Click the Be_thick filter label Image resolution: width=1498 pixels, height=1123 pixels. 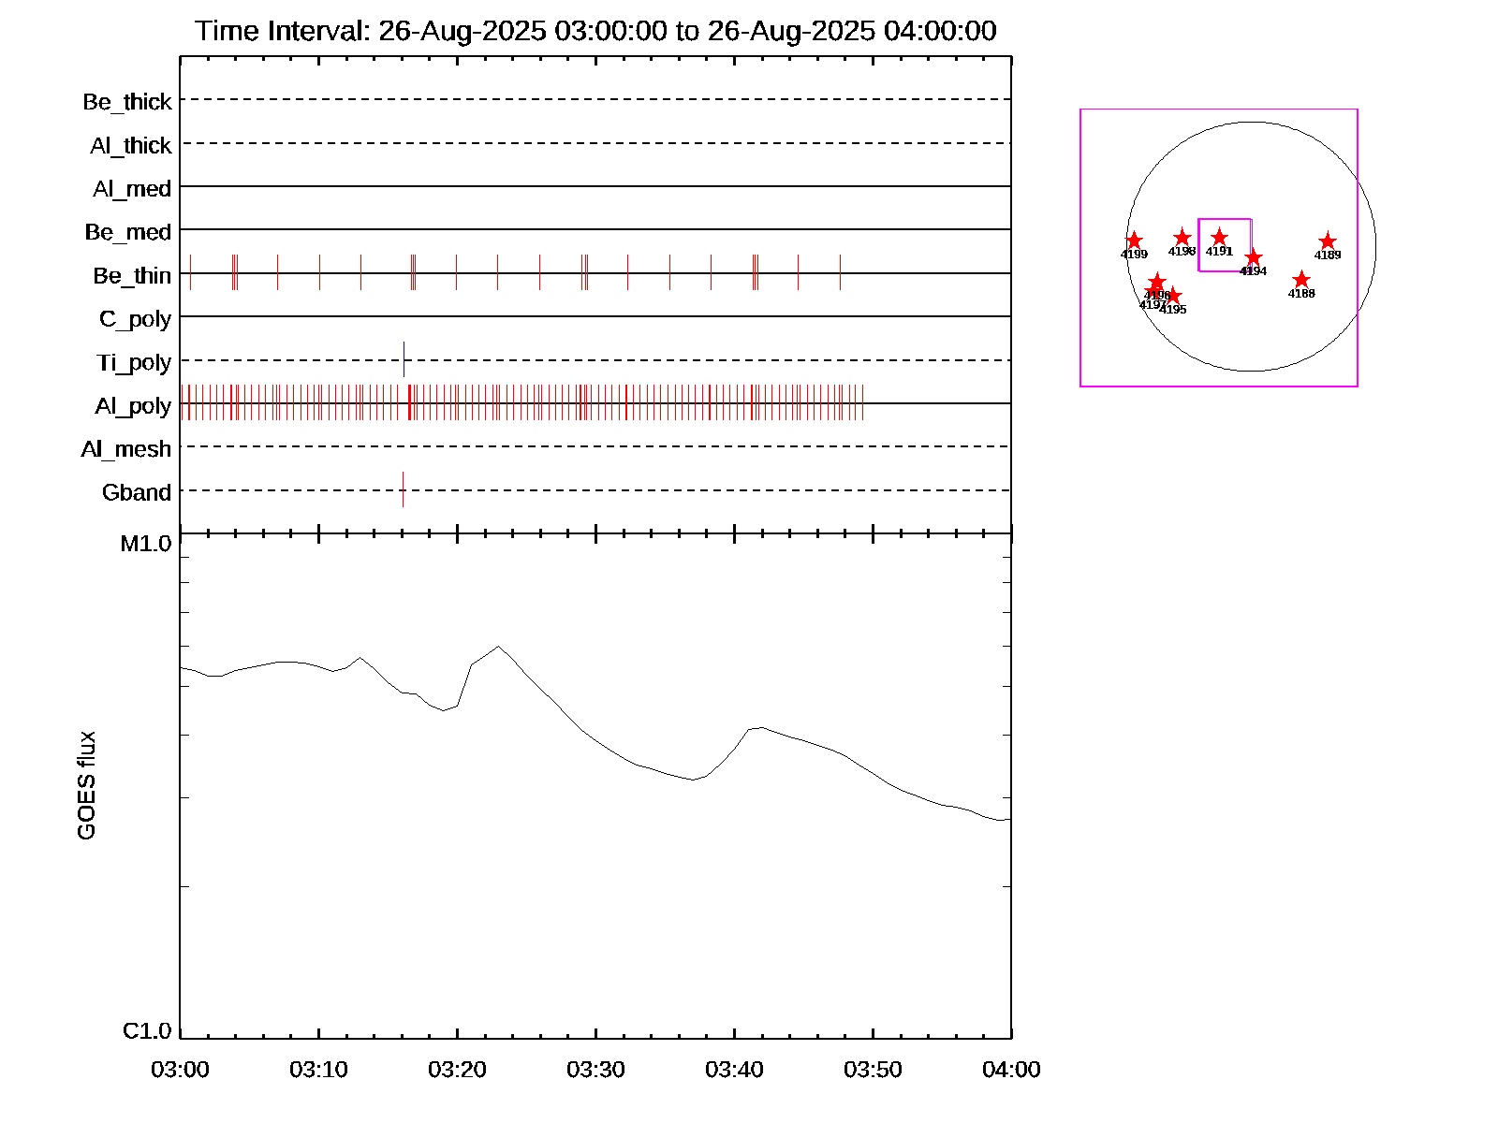click(127, 102)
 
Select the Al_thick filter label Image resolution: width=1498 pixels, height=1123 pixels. click(131, 146)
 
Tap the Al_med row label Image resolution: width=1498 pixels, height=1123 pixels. click(132, 189)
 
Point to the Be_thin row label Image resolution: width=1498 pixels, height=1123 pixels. click(132, 276)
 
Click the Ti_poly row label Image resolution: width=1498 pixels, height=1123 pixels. click(134, 363)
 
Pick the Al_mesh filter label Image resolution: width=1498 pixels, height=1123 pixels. click(126, 450)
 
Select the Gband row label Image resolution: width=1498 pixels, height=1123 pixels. click(137, 493)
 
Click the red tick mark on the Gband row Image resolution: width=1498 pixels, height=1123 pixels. click(403, 489)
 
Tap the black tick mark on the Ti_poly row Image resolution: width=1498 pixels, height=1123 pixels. click(404, 359)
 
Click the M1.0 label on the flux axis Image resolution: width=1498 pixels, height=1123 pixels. click(146, 544)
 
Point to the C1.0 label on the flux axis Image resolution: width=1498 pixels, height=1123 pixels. click(147, 1031)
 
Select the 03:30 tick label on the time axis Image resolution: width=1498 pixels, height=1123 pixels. click(595, 1070)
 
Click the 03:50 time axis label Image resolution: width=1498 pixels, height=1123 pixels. click(873, 1070)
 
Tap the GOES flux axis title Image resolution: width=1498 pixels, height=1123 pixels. click(86, 786)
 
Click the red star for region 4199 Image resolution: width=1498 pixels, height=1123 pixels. click(1134, 241)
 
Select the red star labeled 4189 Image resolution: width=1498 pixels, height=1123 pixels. click(1328, 241)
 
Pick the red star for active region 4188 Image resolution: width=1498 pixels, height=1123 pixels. click(1301, 280)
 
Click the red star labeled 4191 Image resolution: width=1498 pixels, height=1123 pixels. click(1219, 238)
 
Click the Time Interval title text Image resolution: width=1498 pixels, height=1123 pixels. click(595, 31)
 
